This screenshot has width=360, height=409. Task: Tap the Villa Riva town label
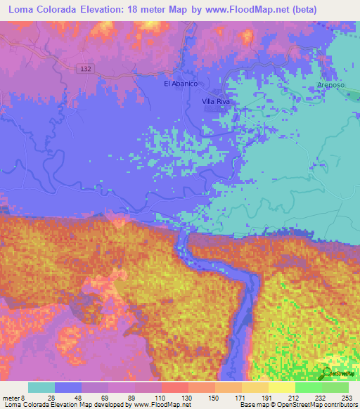click(x=216, y=102)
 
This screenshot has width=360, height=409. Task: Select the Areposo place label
click(x=330, y=84)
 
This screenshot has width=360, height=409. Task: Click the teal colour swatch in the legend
click(x=41, y=387)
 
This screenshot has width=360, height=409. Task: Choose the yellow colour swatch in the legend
click(x=282, y=387)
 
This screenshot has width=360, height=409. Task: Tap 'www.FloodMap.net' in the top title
click(x=236, y=10)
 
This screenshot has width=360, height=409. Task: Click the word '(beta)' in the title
click(x=301, y=10)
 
